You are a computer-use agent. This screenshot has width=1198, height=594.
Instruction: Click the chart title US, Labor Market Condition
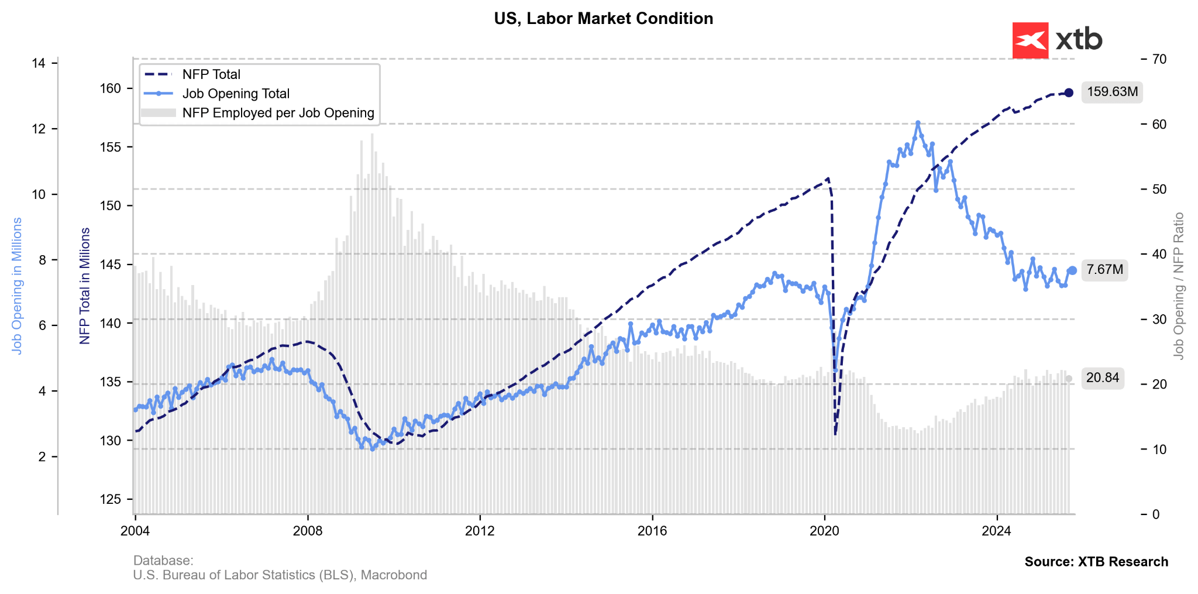coord(603,19)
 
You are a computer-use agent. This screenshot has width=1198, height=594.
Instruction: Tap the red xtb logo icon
coord(1030,40)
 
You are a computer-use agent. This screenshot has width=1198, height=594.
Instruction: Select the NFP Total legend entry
coord(211,74)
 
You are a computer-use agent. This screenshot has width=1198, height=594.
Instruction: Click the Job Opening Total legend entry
coord(236,94)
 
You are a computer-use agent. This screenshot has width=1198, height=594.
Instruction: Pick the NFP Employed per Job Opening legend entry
coord(278,113)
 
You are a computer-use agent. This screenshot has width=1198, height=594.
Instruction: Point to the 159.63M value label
coord(1112,92)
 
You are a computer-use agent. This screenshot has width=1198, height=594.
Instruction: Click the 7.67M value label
coord(1104,270)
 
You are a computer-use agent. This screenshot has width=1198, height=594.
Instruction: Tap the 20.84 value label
coord(1102,378)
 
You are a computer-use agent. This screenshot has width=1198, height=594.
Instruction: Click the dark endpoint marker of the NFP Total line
coord(1069,92)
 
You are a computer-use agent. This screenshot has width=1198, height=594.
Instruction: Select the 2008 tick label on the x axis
coord(308,531)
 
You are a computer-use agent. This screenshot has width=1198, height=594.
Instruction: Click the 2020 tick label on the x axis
coord(824,531)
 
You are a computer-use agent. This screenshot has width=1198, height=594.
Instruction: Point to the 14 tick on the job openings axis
coord(39,63)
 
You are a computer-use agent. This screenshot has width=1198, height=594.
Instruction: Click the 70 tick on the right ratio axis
coord(1159,59)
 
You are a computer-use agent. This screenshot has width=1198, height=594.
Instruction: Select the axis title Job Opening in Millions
coord(17,286)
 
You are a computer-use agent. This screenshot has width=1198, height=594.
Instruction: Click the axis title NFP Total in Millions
coord(85,286)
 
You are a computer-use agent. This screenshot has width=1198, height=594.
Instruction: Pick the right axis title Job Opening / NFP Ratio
coord(1179,286)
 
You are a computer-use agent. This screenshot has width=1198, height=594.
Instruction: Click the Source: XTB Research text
coord(1096,562)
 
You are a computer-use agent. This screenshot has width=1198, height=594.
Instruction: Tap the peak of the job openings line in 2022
coord(917,123)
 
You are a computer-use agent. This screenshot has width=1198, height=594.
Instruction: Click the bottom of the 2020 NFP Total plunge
coord(835,434)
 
